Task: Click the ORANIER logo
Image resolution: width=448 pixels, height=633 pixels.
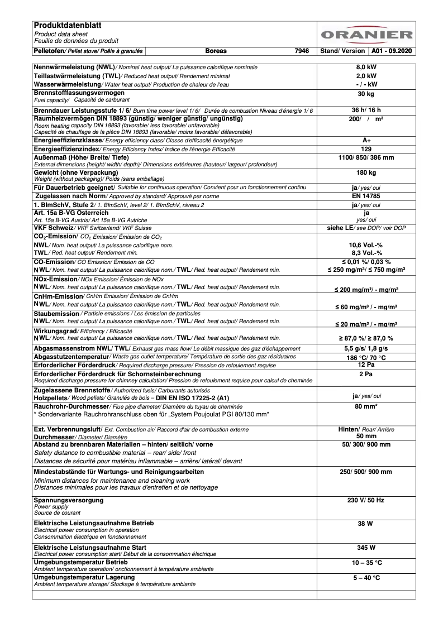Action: pyautogui.click(x=366, y=34)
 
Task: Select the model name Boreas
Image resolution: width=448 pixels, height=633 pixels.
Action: pyautogui.click(x=216, y=51)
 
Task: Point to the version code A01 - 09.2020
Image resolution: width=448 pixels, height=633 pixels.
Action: pyautogui.click(x=392, y=51)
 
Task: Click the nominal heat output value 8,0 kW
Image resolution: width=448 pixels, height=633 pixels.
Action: pyautogui.click(x=366, y=67)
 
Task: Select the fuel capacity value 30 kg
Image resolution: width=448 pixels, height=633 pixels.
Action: pyautogui.click(x=366, y=94)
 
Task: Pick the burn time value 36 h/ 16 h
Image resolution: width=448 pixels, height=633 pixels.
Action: pyautogui.click(x=366, y=110)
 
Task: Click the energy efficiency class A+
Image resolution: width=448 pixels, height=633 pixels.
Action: pyautogui.click(x=366, y=140)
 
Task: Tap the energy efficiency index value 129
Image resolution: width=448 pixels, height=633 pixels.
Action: pyautogui.click(x=366, y=149)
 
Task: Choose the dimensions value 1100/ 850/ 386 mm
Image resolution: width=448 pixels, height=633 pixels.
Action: pyautogui.click(x=366, y=158)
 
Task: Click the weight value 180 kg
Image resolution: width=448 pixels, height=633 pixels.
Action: pyautogui.click(x=366, y=173)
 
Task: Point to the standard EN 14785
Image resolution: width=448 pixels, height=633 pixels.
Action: pyautogui.click(x=366, y=196)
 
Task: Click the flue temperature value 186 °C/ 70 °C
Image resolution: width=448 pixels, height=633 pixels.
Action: pyautogui.click(x=366, y=358)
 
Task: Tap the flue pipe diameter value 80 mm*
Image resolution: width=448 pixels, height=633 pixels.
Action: pyautogui.click(x=366, y=406)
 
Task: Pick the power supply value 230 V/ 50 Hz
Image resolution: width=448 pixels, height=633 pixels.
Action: pyautogui.click(x=366, y=500)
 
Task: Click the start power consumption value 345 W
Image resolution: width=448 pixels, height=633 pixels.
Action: pyautogui.click(x=366, y=548)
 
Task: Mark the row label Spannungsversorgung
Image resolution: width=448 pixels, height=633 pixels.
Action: pyautogui.click(x=69, y=500)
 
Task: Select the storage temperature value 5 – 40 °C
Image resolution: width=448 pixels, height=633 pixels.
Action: pyautogui.click(x=366, y=578)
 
